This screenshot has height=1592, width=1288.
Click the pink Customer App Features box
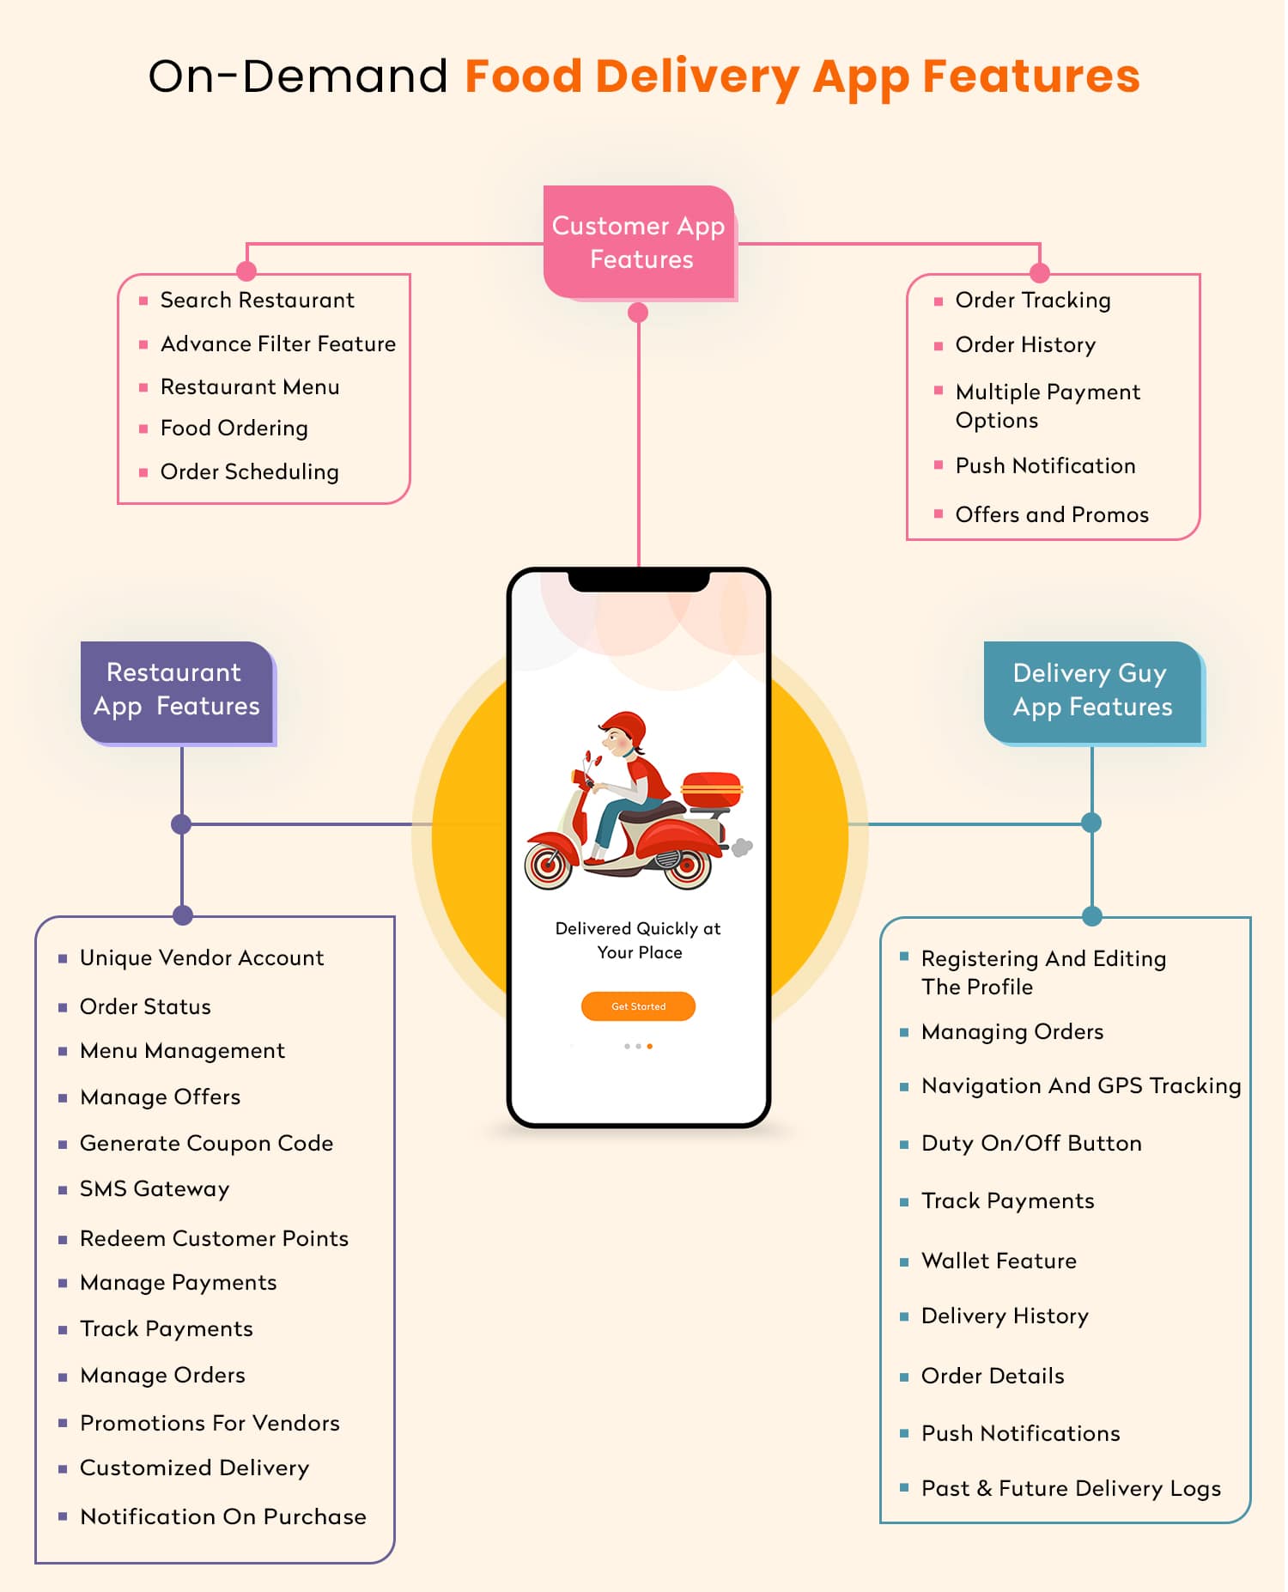pos(639,242)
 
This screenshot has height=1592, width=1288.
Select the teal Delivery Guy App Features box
pos(1092,691)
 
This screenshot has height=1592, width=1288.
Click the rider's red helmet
pos(625,729)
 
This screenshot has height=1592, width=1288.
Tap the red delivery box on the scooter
pos(711,788)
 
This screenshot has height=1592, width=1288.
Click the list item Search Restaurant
pos(257,301)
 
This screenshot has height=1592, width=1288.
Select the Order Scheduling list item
pos(249,472)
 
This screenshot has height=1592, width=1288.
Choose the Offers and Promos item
pos(1051,515)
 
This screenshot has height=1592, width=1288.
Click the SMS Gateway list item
pos(155,1189)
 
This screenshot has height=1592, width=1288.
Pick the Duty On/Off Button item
pos(1030,1144)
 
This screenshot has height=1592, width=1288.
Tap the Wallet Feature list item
pos(998,1261)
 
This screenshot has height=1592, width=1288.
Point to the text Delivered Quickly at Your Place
pos(638,940)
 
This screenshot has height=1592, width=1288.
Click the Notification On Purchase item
pos(222,1517)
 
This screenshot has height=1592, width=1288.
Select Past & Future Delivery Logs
pos(1070,1489)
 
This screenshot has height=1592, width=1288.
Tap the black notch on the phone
pos(639,581)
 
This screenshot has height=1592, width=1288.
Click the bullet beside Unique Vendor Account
pos(63,959)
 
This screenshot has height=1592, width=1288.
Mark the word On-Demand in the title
pos(298,76)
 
